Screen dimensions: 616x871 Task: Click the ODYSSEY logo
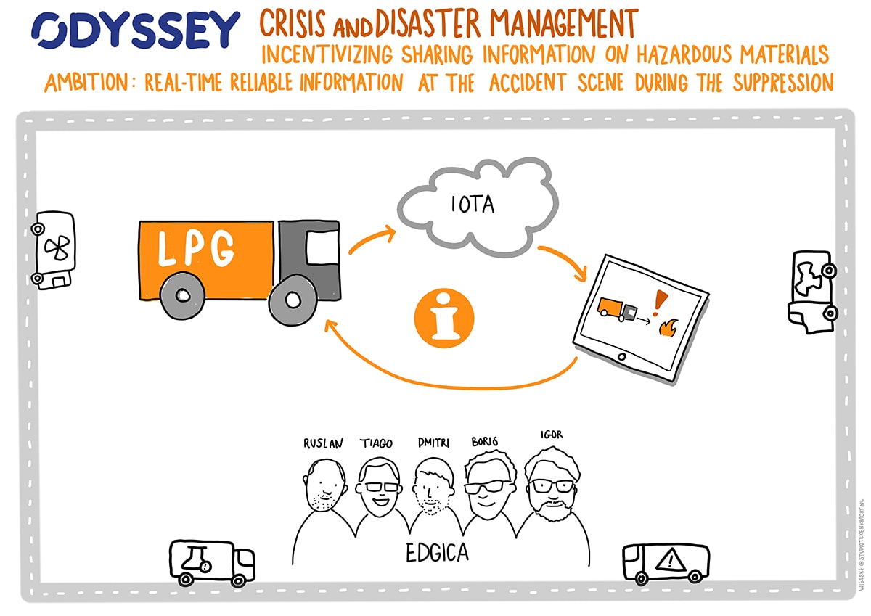tap(136, 30)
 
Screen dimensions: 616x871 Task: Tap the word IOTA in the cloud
tap(473, 205)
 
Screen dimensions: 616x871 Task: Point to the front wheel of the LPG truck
tap(294, 299)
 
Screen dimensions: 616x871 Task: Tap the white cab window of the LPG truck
tap(322, 249)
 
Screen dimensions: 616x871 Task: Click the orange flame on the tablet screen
tap(666, 329)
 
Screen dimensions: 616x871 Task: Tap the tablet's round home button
tap(621, 357)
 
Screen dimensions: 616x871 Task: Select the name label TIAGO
tap(376, 443)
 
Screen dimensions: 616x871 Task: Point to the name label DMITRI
tap(433, 442)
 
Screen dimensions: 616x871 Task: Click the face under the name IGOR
tap(552, 482)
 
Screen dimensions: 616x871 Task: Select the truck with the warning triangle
tap(666, 563)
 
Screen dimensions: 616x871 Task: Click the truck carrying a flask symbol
tap(210, 562)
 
